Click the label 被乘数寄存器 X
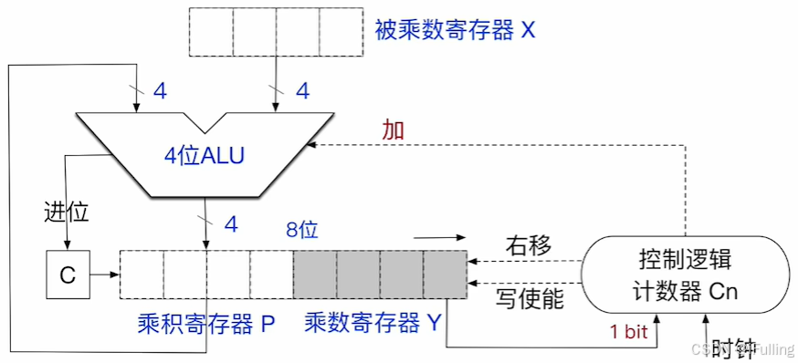point(455,30)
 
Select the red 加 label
point(394,130)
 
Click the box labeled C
point(68,273)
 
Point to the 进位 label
point(67,212)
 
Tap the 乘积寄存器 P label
point(206,324)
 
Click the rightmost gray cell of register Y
point(445,273)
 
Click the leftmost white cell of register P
point(142,273)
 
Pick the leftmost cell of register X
point(211,30)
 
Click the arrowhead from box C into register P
point(115,273)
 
